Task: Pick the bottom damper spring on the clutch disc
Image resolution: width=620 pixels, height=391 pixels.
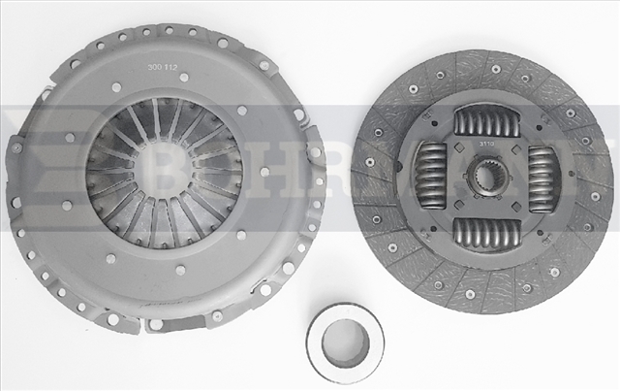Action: tap(486, 234)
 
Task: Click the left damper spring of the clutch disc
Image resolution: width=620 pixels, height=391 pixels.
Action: tap(430, 177)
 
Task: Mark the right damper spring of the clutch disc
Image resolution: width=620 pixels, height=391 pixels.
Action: tap(542, 178)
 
